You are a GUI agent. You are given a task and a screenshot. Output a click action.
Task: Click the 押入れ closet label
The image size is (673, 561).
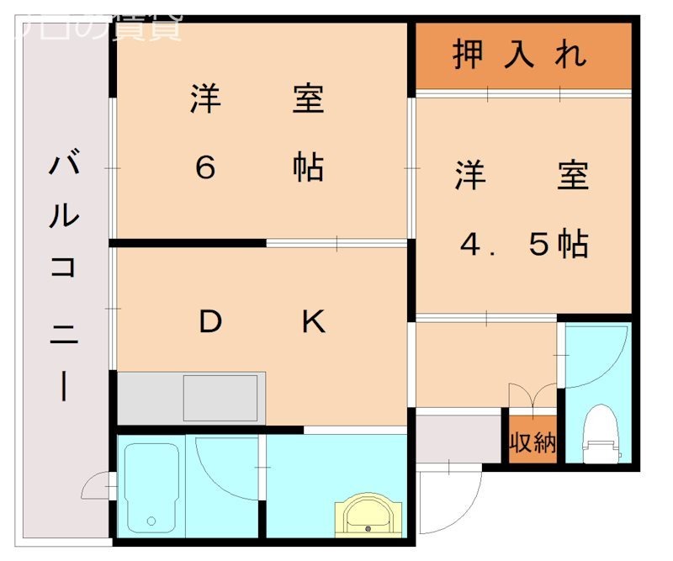520,56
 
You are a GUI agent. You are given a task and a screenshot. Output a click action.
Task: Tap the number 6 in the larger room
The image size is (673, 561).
205,168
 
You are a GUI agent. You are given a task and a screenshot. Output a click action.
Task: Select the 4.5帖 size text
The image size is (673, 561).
523,244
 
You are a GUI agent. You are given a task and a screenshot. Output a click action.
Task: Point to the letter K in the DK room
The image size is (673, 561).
313,321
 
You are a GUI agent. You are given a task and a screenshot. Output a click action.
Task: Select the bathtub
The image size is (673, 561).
151,486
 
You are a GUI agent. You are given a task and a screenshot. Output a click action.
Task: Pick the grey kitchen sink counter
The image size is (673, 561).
192,398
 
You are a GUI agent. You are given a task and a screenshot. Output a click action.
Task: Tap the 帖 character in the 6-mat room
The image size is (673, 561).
309,168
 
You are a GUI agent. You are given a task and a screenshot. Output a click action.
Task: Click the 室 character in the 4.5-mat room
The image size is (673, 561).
573,176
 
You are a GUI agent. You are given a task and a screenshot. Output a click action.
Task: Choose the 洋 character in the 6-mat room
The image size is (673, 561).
205,100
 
